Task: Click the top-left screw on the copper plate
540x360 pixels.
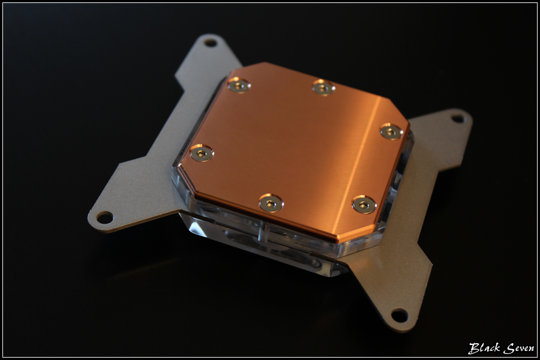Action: [239, 85]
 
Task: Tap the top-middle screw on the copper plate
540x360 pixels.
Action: [323, 88]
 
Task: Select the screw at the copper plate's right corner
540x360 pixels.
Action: [391, 131]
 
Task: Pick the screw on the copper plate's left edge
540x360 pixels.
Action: [202, 153]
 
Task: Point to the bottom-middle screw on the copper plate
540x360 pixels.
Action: [271, 203]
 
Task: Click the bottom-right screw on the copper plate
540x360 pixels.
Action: [364, 205]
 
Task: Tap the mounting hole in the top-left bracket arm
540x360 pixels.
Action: [210, 43]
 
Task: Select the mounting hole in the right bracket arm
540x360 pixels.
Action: [458, 119]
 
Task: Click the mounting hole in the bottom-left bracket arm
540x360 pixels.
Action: [104, 217]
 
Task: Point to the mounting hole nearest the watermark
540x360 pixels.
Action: [400, 315]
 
